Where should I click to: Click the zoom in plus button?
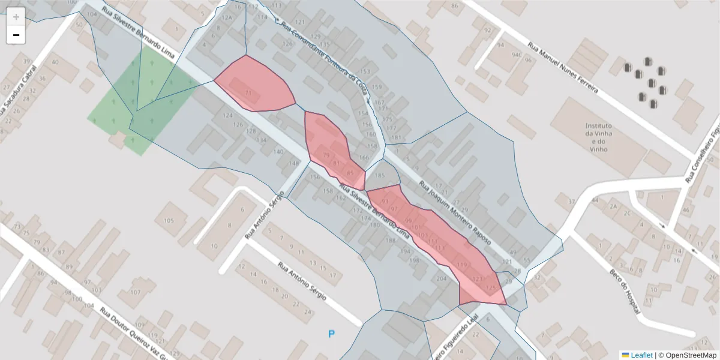pyautogui.click(x=16, y=17)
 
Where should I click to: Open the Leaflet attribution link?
pyautogui.click(x=641, y=355)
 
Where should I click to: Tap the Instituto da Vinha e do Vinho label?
pyautogui.click(x=599, y=137)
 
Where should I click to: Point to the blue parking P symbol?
pyautogui.click(x=331, y=334)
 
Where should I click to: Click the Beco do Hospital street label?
pyautogui.click(x=624, y=281)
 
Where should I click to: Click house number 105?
pyautogui.click(x=169, y=221)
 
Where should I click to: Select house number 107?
pyautogui.click(x=135, y=292)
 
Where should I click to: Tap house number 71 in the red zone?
pyautogui.click(x=249, y=92)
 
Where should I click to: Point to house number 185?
pyautogui.click(x=379, y=176)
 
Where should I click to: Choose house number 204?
pyautogui.click(x=442, y=279)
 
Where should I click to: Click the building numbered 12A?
pyautogui.click(x=226, y=17)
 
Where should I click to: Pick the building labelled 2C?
pyautogui.click(x=626, y=213)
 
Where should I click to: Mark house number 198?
pyautogui.click(x=414, y=260)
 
